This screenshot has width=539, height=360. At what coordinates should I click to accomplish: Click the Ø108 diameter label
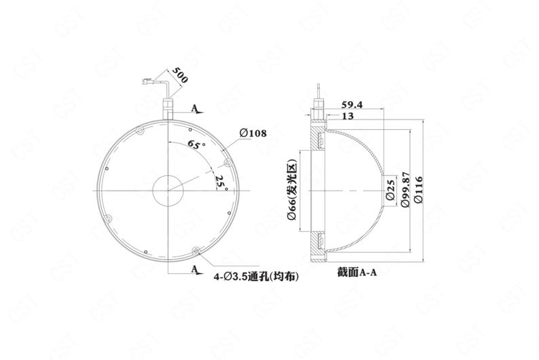pyautogui.click(x=253, y=133)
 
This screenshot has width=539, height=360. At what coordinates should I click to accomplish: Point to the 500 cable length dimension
pyautogui.click(x=180, y=75)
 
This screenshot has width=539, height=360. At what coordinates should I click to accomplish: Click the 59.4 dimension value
pyautogui.click(x=352, y=104)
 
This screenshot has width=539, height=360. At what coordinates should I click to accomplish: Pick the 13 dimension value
pyautogui.click(x=348, y=116)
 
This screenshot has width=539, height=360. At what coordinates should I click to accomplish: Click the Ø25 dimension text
pyautogui.click(x=390, y=190)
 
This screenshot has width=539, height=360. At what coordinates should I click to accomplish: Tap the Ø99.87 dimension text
pyautogui.click(x=406, y=189)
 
